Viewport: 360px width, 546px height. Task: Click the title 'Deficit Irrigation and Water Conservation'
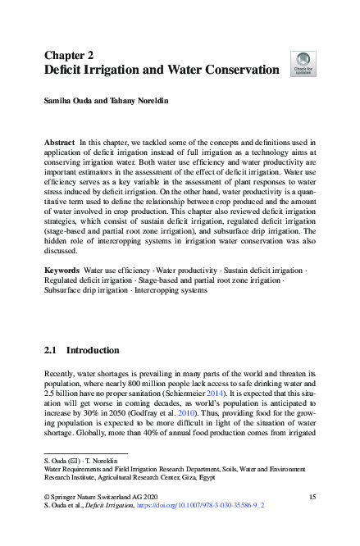click(162, 71)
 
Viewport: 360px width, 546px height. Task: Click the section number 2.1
click(52, 348)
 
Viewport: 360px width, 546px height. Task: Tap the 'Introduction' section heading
click(92, 348)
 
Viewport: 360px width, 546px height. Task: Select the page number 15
click(312, 497)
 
